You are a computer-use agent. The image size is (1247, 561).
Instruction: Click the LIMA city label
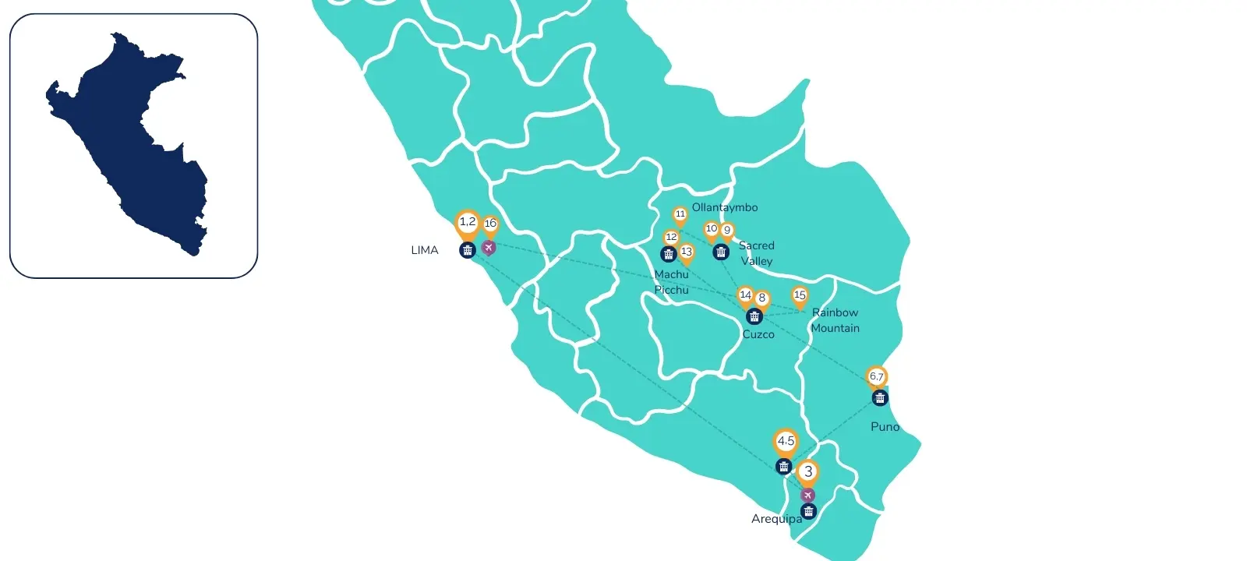pos(425,250)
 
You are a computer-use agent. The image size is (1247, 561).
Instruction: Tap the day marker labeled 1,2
pos(467,223)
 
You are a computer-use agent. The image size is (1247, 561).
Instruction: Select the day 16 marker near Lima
pos(490,224)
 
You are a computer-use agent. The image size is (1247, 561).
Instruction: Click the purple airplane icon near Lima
pos(489,248)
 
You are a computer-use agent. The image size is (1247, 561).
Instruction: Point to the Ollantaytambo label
pos(725,207)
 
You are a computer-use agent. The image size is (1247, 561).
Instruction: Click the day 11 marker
pos(680,214)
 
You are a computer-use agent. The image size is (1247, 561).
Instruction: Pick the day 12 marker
pos(671,238)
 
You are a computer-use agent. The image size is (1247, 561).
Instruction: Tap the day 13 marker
pos(687,252)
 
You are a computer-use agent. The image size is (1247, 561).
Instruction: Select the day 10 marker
pos(711,229)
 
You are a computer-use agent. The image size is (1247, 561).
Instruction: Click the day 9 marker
pos(727,231)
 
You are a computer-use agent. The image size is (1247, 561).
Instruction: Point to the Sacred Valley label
pos(757,253)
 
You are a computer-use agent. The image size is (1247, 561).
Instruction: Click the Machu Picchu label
pos(672,282)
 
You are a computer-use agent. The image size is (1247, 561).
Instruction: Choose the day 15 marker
pos(800,295)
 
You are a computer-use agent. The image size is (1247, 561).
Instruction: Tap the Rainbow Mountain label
pos(835,320)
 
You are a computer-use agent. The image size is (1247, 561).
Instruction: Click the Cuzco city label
pos(758,334)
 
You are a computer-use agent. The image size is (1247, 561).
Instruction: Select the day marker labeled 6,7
pos(877,377)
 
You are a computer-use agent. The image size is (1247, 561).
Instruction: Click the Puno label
pos(885,427)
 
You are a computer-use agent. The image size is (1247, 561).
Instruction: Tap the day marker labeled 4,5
pos(786,442)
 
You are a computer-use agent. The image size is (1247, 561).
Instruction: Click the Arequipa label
pos(776,519)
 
